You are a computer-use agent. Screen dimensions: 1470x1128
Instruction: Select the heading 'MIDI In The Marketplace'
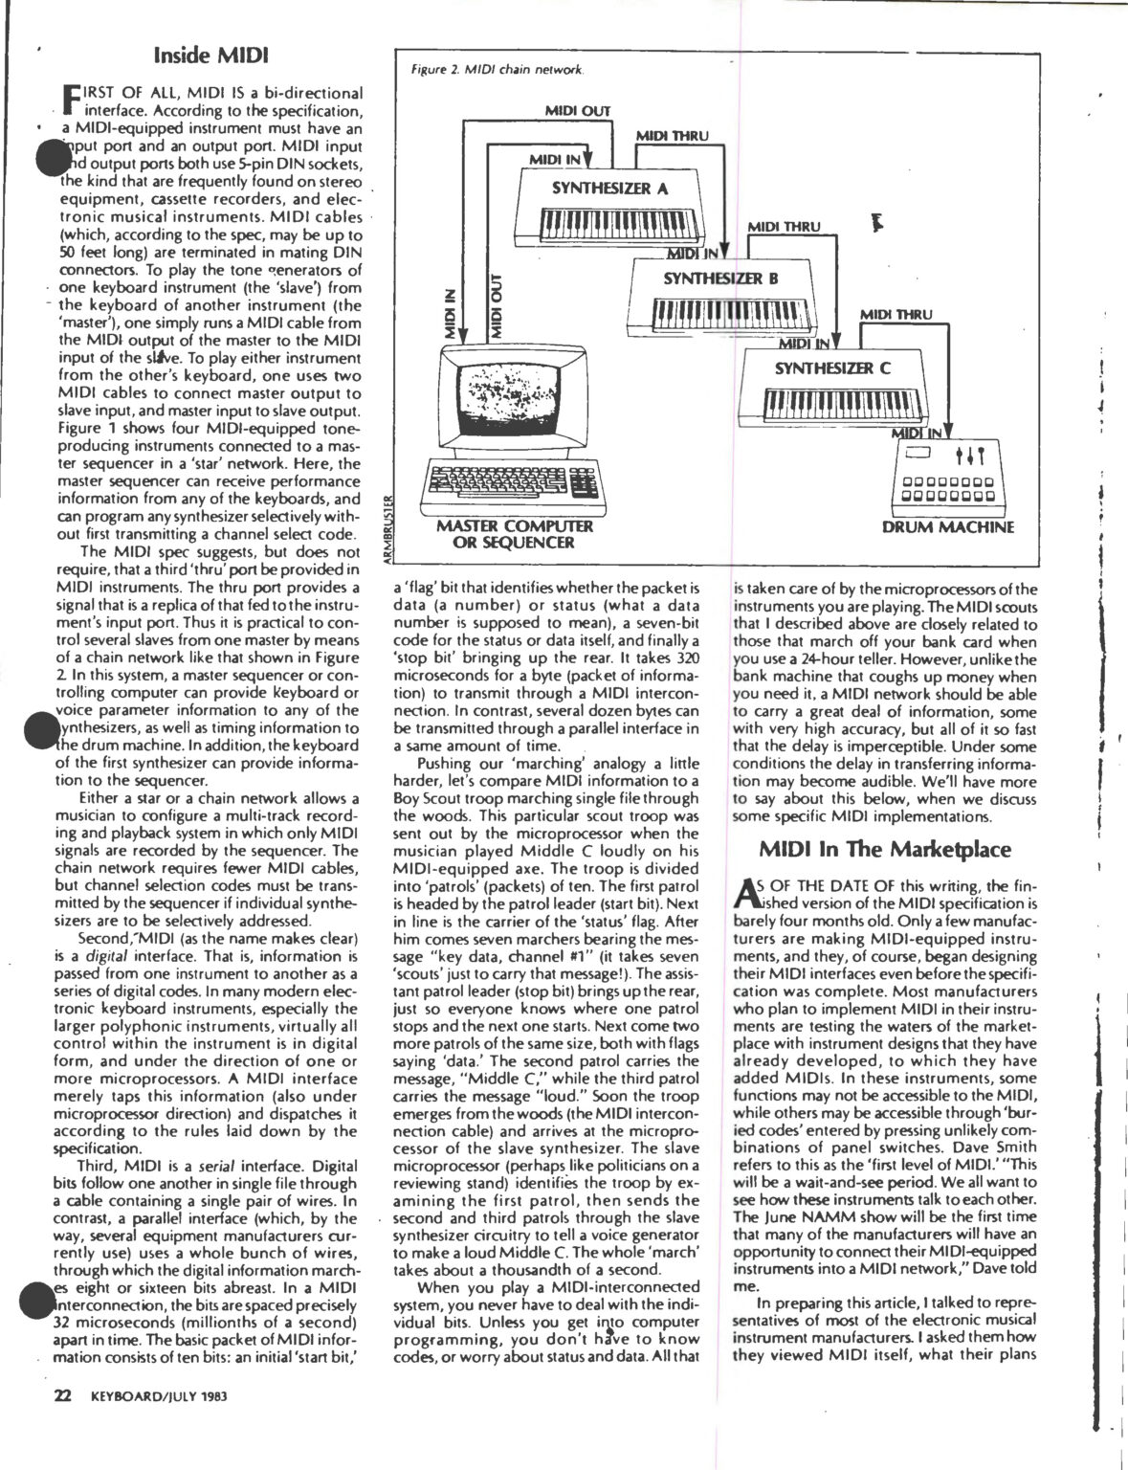click(885, 849)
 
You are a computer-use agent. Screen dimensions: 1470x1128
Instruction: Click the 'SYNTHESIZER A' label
click(609, 188)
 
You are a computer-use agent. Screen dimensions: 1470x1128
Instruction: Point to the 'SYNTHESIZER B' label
click(720, 278)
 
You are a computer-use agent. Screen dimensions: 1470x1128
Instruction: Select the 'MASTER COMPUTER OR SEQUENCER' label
click(515, 534)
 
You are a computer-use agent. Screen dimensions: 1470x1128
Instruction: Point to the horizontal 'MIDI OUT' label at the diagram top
click(577, 111)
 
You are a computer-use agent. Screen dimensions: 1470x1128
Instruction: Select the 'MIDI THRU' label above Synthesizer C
click(896, 314)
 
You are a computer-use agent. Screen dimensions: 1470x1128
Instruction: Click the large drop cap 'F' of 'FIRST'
click(69, 100)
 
